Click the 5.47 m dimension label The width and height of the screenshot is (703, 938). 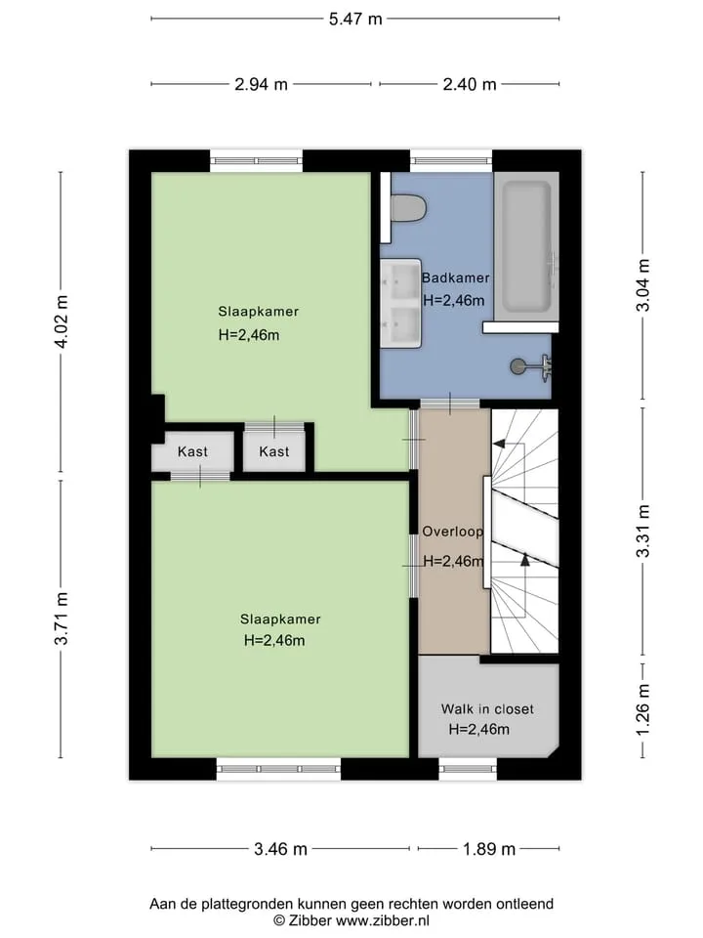355,20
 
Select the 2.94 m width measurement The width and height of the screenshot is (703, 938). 261,84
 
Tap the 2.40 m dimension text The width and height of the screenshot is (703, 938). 470,84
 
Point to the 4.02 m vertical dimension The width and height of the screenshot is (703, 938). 62,321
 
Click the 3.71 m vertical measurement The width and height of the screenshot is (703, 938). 62,618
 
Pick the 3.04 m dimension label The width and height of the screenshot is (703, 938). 642,284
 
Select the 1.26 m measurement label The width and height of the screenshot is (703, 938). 642,710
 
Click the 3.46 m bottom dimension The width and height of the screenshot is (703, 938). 280,849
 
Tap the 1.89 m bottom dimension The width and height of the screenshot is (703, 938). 489,849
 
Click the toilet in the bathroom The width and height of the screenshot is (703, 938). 408,207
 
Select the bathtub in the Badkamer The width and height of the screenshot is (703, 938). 526,246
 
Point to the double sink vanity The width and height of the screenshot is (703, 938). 401,303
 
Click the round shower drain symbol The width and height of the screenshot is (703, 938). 517,365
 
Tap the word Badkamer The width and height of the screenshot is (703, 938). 456,277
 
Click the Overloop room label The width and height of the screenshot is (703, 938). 452,532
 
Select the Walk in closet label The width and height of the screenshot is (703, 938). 487,709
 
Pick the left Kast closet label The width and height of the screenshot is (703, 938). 192,451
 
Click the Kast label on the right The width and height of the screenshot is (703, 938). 273,451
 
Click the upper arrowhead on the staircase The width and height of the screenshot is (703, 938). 497,444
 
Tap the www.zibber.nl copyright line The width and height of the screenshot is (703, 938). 351,920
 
